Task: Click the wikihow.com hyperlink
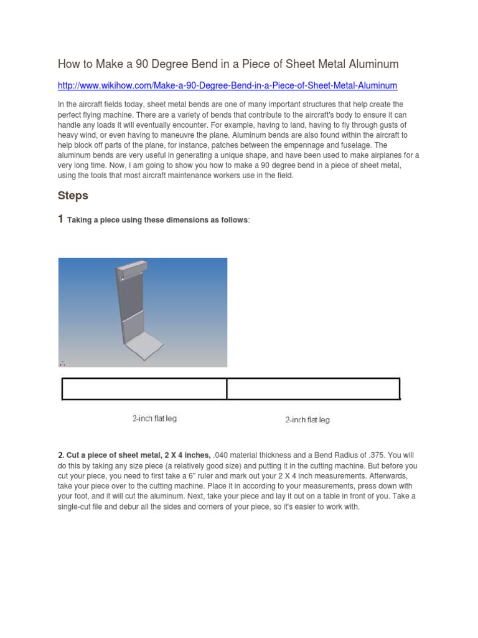tap(227, 85)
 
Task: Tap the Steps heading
tap(73, 196)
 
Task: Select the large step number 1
tap(60, 219)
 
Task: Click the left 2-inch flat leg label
tap(154, 419)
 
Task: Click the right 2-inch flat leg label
tap(307, 420)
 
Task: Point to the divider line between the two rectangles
tap(227, 388)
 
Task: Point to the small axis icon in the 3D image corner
tap(62, 363)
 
